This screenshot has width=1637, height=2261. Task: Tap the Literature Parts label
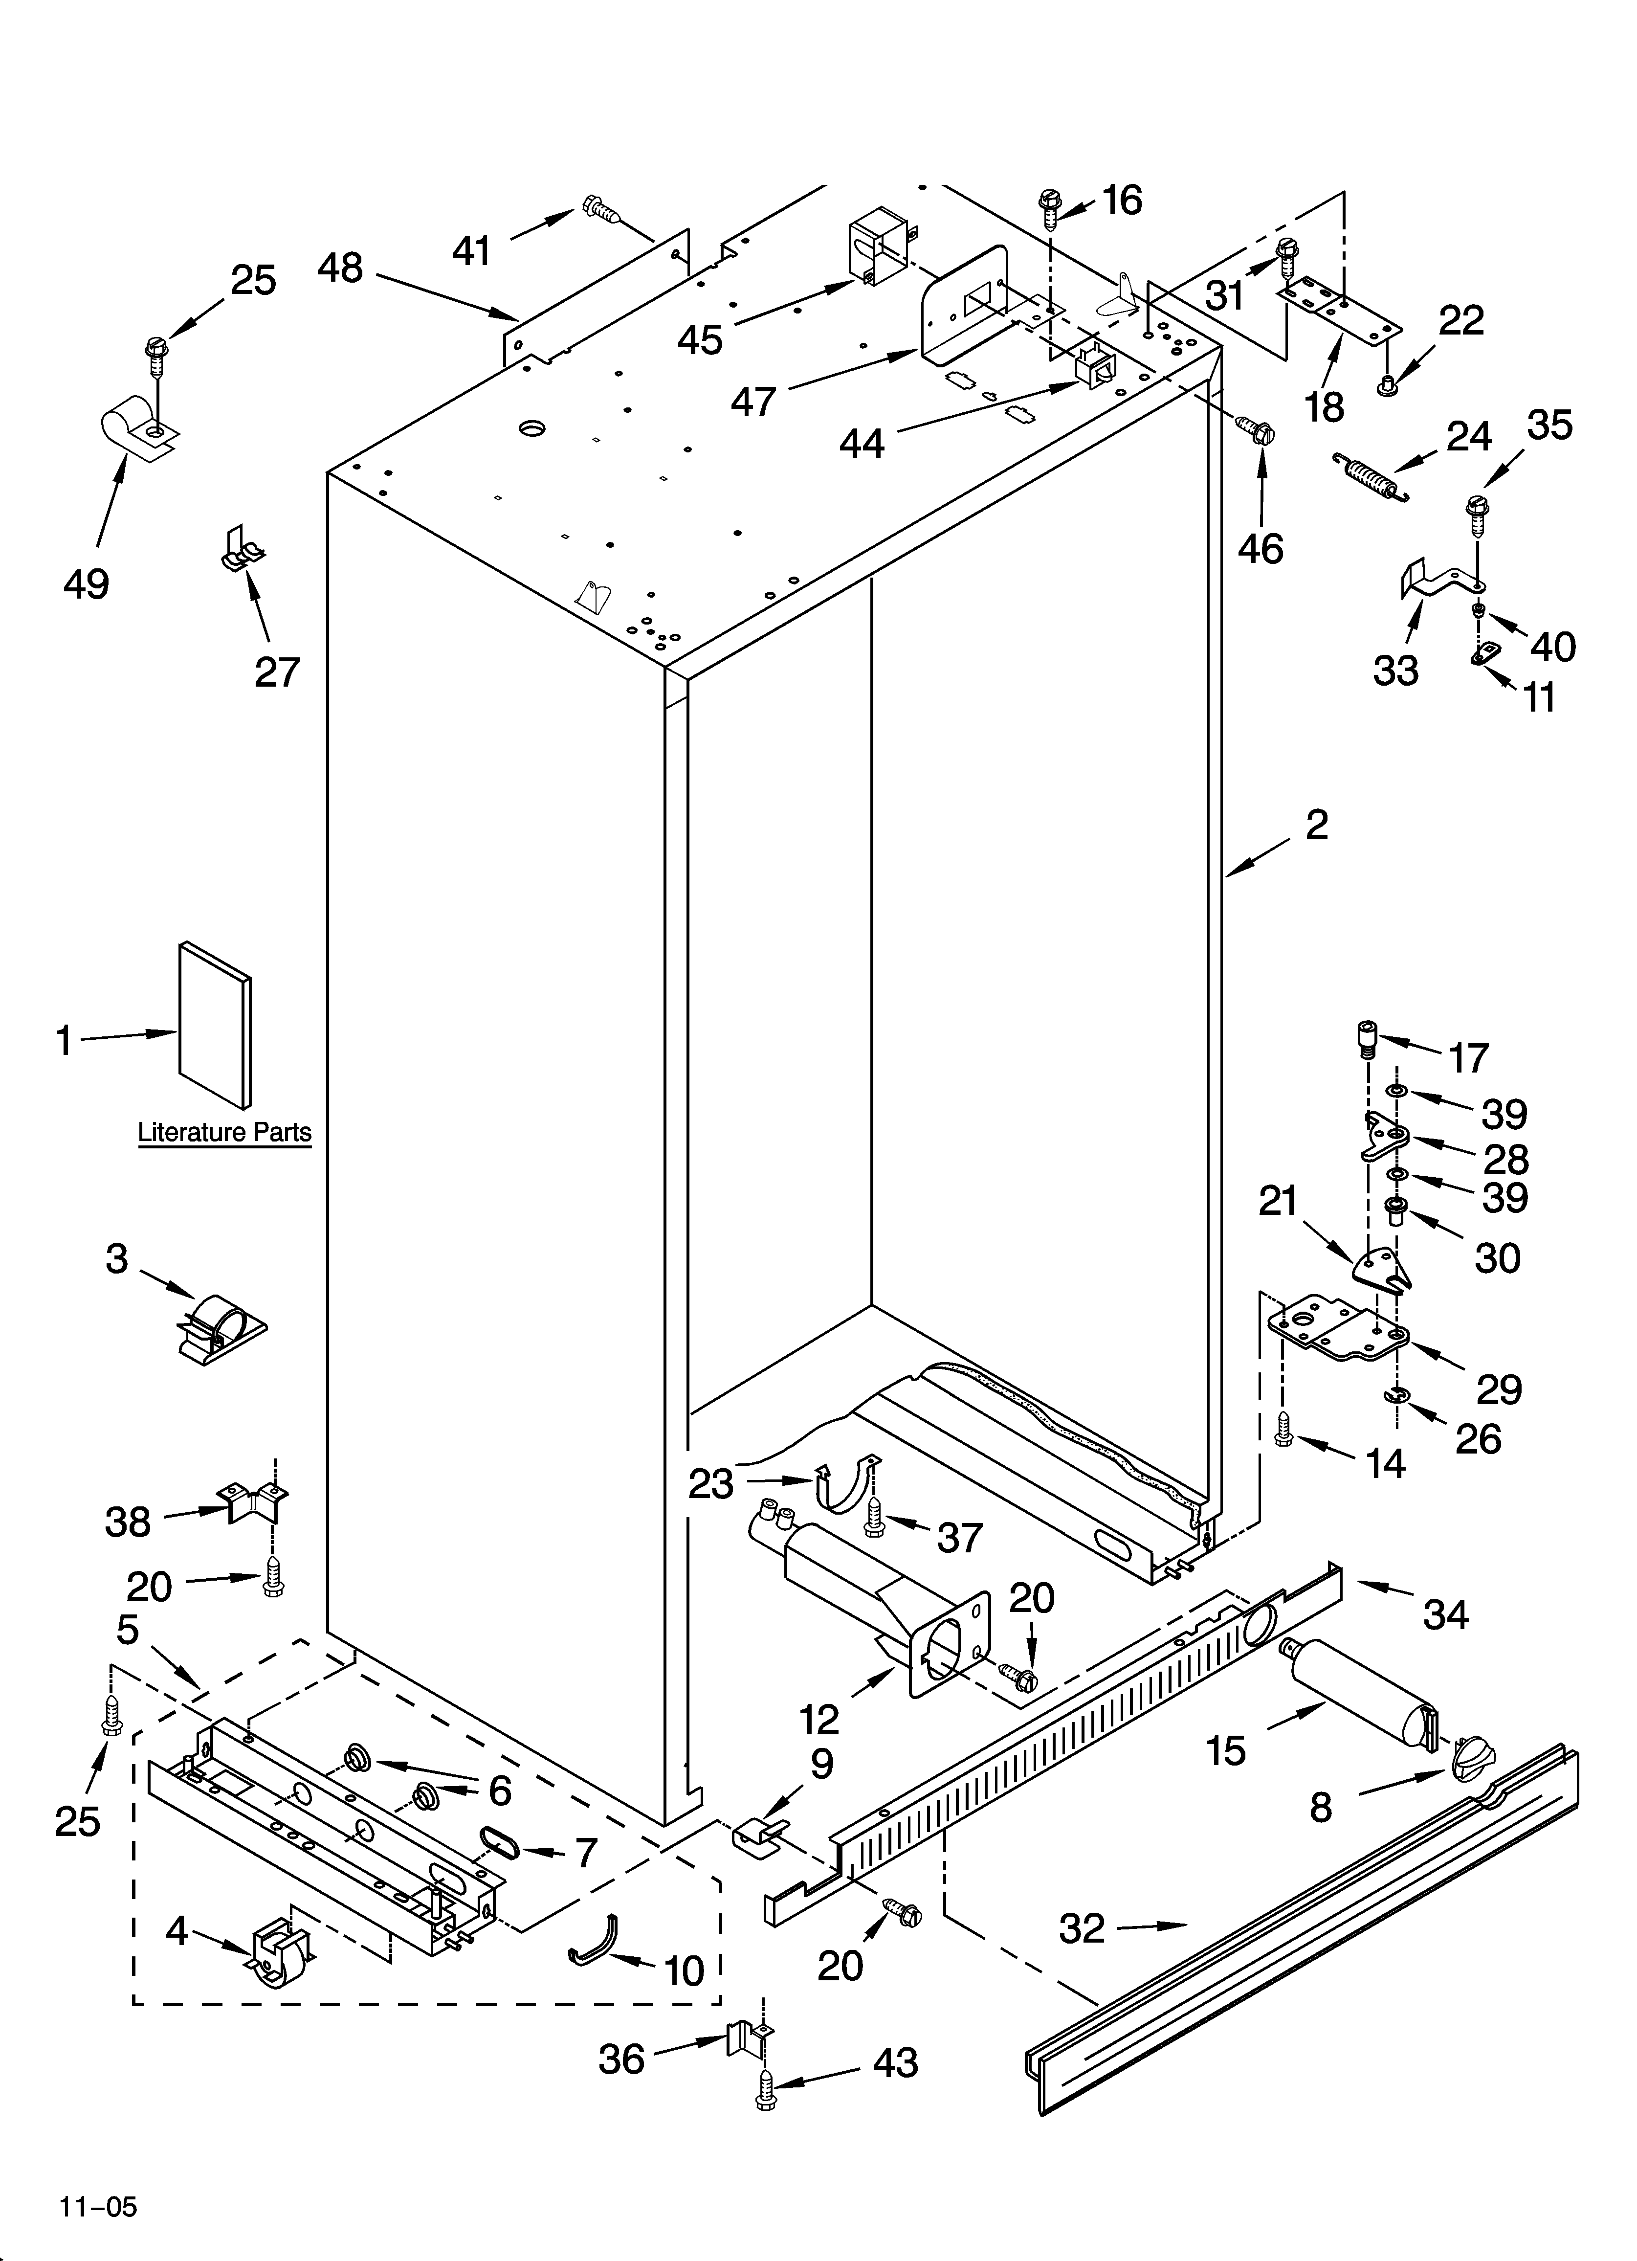click(224, 1133)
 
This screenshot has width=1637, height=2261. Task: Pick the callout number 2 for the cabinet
click(1316, 825)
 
